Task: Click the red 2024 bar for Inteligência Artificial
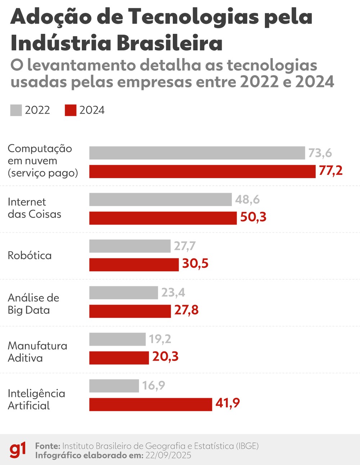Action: (150, 404)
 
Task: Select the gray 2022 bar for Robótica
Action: (130, 246)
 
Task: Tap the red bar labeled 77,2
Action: (202, 171)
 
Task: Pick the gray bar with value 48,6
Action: (160, 199)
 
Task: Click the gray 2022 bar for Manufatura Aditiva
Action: (117, 339)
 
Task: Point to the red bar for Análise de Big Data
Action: (130, 311)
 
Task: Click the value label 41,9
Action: (228, 403)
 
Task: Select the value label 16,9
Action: (154, 385)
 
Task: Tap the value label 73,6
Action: (320, 153)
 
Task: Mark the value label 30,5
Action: (195, 263)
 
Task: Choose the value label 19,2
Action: (160, 339)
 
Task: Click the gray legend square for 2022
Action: (16, 110)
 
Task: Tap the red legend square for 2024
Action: (71, 110)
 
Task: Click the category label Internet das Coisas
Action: (34, 208)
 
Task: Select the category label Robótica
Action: (30, 256)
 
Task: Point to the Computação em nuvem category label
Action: (42, 161)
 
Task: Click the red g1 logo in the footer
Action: (18, 450)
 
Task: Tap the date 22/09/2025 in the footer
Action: (168, 455)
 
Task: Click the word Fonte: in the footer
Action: (48, 446)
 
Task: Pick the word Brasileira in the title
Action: (170, 43)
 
